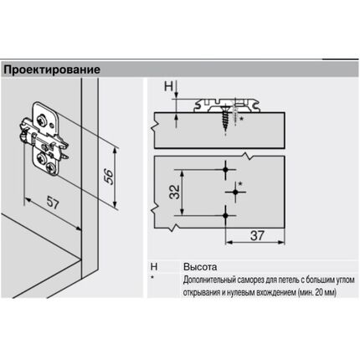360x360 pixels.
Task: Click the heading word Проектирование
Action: point(52,69)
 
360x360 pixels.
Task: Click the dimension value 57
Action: point(53,202)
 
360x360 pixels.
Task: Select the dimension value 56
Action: point(109,176)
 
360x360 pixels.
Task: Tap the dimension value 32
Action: point(175,192)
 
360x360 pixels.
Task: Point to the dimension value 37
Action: point(257,235)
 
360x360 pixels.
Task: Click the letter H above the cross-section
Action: point(168,86)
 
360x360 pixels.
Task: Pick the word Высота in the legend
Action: point(200,267)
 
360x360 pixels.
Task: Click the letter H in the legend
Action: point(154,266)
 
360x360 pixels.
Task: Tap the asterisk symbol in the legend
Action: point(152,278)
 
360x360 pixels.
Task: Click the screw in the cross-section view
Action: point(225,119)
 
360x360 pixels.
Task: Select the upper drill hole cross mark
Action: point(225,169)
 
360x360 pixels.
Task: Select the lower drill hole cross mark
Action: point(225,215)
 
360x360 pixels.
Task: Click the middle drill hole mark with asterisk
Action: point(235,192)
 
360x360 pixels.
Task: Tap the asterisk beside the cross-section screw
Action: point(242,119)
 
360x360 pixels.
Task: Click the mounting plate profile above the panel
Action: point(227,105)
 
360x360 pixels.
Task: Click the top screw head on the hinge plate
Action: point(43,120)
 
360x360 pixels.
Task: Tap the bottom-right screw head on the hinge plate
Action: point(53,168)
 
